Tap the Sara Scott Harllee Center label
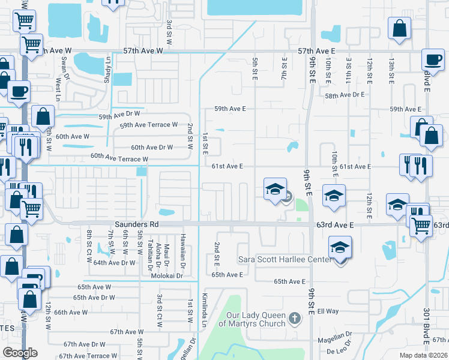pyautogui.click(x=284, y=259)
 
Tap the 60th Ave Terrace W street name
pyautogui.click(x=119, y=159)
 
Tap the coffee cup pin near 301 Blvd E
pyautogui.click(x=432, y=60)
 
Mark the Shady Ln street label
pyautogui.click(x=109, y=68)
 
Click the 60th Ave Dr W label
pyautogui.click(x=152, y=147)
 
